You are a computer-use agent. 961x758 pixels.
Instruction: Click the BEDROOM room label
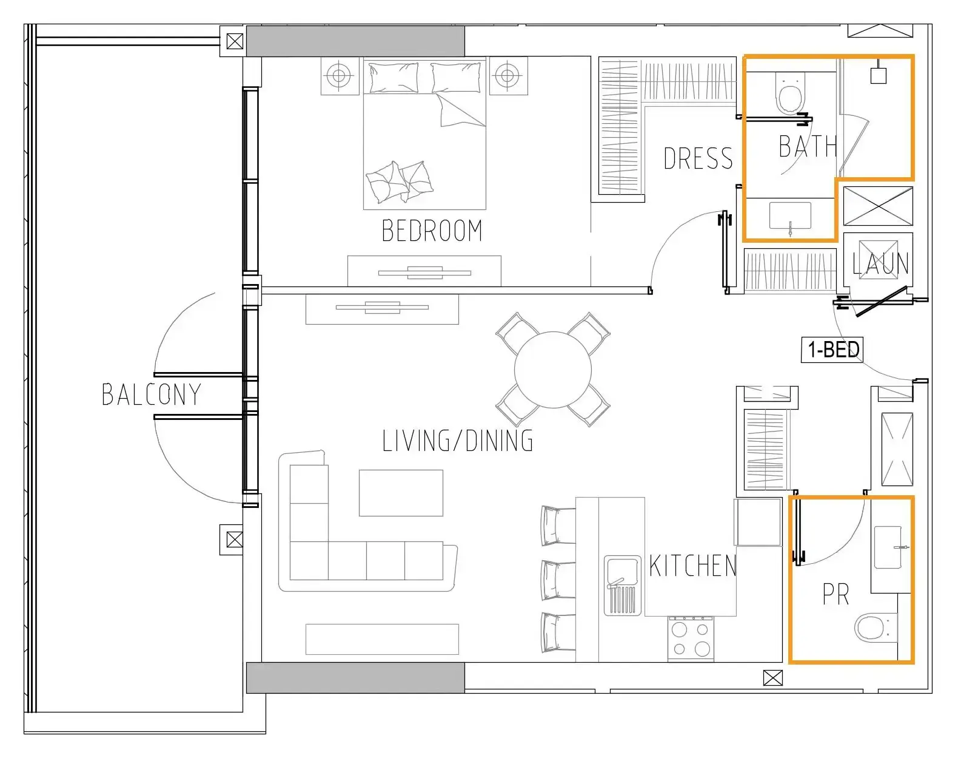(432, 231)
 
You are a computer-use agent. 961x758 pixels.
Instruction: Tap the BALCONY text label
(151, 394)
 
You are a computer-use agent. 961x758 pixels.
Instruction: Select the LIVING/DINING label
(458, 441)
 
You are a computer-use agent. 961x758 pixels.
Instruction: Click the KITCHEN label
(692, 566)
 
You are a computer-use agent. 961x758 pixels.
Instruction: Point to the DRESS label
(698, 158)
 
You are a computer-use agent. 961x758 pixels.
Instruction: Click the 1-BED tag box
(833, 350)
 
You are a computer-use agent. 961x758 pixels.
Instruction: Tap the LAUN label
(880, 264)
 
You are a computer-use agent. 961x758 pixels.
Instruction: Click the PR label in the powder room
(835, 595)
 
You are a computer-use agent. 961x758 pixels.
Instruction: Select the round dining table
(552, 369)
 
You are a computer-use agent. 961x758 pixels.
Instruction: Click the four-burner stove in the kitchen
(691, 638)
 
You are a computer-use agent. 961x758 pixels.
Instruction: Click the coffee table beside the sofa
(401, 492)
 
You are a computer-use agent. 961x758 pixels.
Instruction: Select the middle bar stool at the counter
(557, 579)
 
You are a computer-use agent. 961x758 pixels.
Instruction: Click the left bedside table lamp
(339, 76)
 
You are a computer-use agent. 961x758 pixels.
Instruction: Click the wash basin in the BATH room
(790, 217)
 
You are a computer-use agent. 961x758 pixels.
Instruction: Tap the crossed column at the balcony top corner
(234, 42)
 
